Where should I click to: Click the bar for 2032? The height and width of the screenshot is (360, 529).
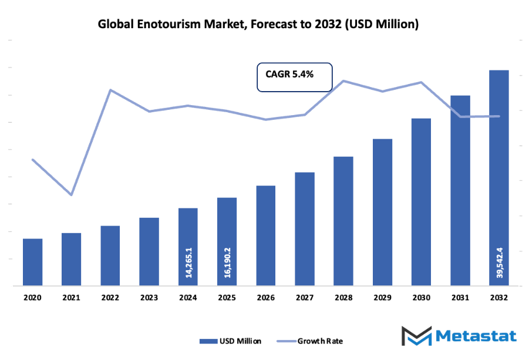[498, 176]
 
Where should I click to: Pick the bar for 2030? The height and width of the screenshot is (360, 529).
[421, 202]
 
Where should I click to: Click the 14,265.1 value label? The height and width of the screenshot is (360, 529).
[188, 263]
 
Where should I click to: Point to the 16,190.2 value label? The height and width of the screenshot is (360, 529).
[227, 263]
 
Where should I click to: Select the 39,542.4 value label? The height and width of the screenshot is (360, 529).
[498, 263]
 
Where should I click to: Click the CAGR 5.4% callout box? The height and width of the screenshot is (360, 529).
[295, 77]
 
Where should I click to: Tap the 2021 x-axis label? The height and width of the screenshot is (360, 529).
[71, 298]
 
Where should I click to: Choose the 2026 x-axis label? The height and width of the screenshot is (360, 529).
[265, 298]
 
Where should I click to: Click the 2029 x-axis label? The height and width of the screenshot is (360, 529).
[382, 298]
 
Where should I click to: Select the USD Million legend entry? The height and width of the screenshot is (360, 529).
[231, 341]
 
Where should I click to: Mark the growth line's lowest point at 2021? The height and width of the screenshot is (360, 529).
[72, 194]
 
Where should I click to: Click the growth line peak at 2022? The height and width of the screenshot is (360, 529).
[110, 90]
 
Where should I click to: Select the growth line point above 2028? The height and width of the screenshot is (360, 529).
[343, 80]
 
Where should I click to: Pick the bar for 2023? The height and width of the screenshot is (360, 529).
[149, 252]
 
